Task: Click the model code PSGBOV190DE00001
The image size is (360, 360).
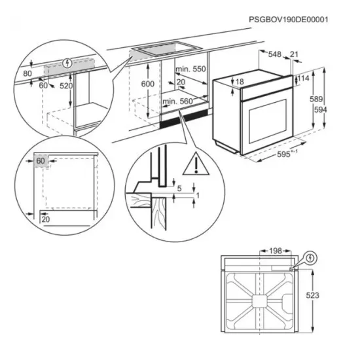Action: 288,20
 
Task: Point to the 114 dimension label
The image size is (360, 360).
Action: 302,79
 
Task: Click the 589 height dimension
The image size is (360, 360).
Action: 316,99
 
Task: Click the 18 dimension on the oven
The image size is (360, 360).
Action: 240,82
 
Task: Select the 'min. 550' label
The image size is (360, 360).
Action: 190,69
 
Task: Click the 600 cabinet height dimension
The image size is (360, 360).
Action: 148,84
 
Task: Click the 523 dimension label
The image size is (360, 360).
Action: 313,296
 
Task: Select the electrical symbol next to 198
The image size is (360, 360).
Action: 310,257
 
